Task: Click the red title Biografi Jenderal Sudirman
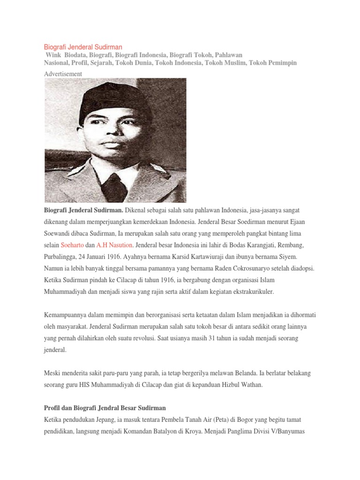[x=83, y=47]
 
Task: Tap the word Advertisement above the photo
[x=63, y=74]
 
